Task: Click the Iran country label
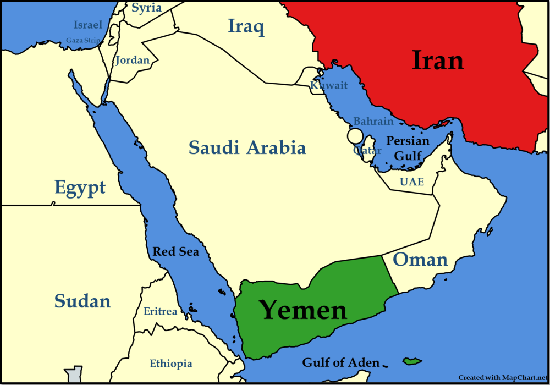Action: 438,61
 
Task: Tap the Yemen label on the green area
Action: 303,310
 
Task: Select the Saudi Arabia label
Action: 247,147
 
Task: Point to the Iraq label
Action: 246,25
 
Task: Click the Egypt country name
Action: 80,188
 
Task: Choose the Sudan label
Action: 82,301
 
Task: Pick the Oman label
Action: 420,259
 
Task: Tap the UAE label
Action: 412,182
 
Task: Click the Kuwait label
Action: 329,85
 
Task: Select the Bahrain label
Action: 373,121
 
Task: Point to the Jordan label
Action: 132,60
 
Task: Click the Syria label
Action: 147,8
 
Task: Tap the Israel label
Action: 88,25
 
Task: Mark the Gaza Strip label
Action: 83,40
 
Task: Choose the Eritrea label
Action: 160,311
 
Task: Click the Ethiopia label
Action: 171,364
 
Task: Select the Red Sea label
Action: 175,252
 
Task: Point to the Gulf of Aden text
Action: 340,362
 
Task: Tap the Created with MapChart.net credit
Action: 503,377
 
